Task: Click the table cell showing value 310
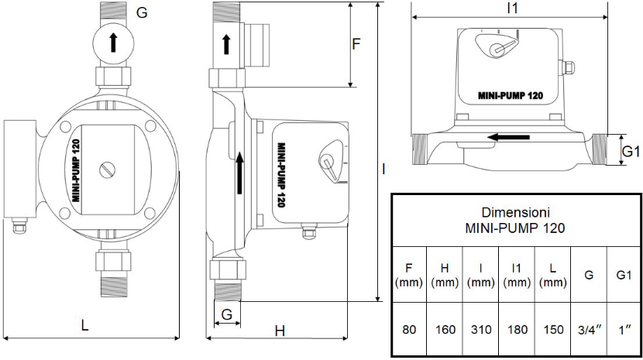(481, 329)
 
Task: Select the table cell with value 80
(409, 329)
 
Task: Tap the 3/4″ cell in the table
(590, 329)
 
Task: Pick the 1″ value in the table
(624, 329)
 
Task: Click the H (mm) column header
(445, 275)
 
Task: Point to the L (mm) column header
(553, 275)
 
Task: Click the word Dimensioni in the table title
(515, 212)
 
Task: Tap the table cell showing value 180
(517, 329)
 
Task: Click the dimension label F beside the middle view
(356, 43)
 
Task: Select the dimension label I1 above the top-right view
(512, 9)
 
